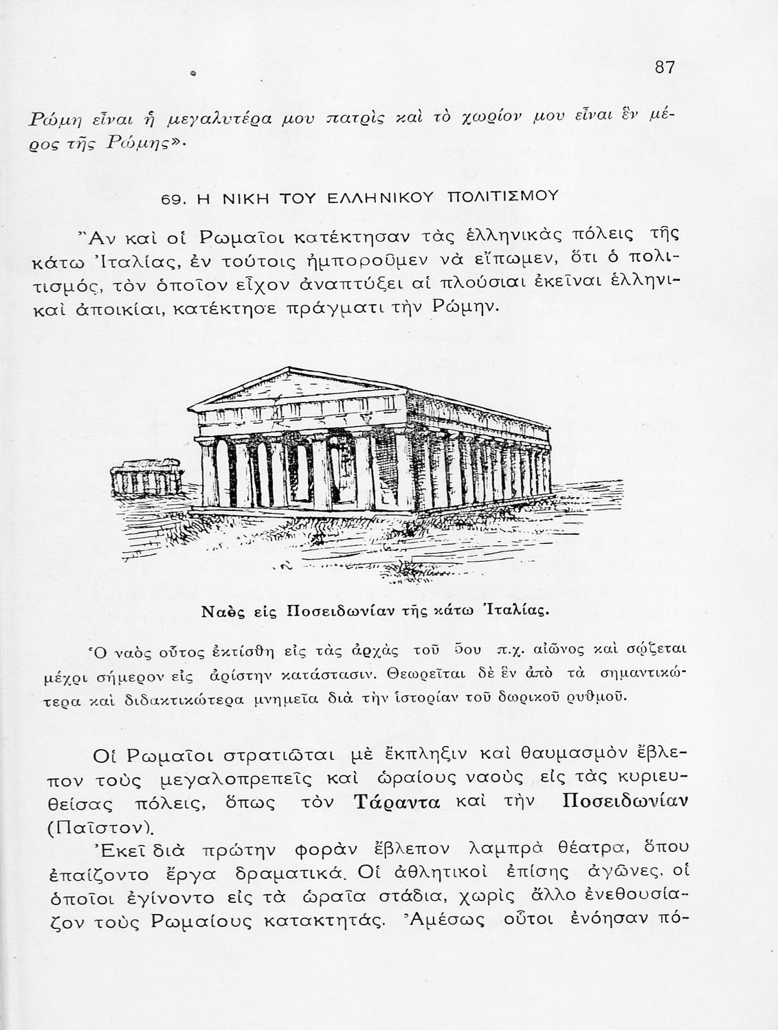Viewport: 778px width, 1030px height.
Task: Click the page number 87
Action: click(x=665, y=67)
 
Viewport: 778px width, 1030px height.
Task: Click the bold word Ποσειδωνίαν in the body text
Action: click(x=625, y=801)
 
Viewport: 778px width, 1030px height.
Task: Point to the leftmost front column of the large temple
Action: click(x=207, y=474)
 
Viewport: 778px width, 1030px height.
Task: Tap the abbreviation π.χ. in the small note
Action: click(x=509, y=650)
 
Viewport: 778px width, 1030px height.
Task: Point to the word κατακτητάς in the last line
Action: click(x=318, y=920)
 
